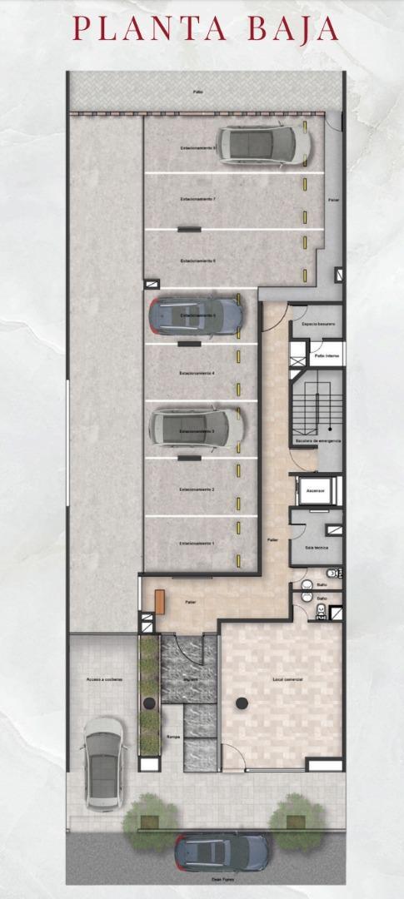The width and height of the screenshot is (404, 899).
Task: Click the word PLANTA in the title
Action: coord(149,29)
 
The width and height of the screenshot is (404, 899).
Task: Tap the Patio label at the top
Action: coord(198,92)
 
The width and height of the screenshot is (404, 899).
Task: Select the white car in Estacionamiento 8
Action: coord(264,145)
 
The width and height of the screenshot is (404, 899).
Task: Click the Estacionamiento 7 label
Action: coord(198,200)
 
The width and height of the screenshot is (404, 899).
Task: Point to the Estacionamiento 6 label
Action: coord(198,261)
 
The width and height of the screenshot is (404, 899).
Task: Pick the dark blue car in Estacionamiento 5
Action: coord(196,315)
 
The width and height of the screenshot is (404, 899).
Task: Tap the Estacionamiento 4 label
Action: coord(197,373)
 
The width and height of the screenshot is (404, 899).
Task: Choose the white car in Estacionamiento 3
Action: coord(196,428)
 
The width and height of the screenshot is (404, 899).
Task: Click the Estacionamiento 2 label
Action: coord(197,489)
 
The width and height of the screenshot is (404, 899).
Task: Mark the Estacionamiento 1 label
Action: coord(197,544)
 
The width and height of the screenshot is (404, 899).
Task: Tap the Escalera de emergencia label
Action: coord(317,440)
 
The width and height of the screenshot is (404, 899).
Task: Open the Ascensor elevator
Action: coord(317,491)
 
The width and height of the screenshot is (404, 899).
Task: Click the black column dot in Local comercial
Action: coord(241,703)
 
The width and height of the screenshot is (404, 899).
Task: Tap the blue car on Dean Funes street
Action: coord(222,852)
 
